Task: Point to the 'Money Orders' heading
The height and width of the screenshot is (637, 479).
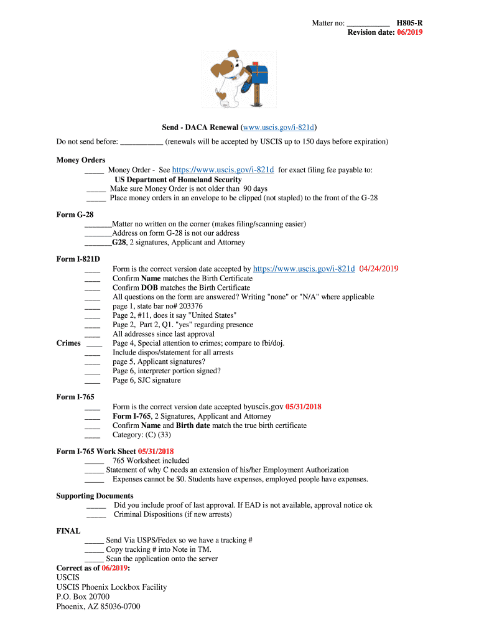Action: (81, 160)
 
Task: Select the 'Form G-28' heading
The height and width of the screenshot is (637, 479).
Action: (75, 215)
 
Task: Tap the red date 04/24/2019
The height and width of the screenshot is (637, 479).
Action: (379, 269)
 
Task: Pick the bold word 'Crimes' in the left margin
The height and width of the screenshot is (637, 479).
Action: (68, 343)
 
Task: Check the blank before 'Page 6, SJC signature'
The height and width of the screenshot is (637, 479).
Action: (92, 381)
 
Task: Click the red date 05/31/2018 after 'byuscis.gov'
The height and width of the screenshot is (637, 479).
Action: (303, 407)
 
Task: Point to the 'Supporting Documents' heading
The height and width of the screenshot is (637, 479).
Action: (95, 496)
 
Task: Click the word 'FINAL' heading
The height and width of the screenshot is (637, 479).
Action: (68, 531)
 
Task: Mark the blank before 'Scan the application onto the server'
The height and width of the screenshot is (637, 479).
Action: (93, 559)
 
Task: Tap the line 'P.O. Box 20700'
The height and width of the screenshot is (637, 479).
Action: (83, 597)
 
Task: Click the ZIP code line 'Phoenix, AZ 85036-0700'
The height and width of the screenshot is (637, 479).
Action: (98, 606)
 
